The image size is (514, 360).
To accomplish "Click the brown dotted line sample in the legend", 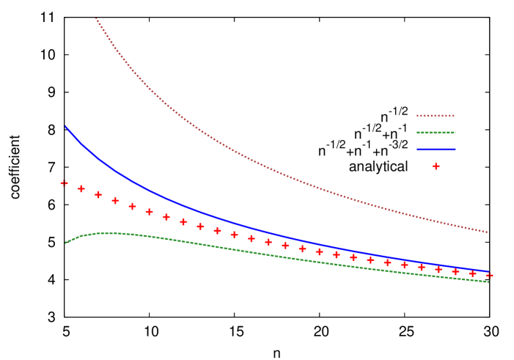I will [436, 116].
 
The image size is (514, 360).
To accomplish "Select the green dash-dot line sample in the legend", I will [436, 133].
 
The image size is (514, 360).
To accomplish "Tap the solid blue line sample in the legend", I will [436, 150].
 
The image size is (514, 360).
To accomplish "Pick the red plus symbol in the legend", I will [436, 166].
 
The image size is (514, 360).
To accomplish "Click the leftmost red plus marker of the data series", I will [65, 183].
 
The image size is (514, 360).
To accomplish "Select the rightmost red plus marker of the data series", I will [489, 276].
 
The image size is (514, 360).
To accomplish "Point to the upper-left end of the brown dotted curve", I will [97, 19].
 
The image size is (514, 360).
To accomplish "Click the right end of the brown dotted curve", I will [488, 232].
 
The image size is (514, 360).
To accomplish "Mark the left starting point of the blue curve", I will [65, 126].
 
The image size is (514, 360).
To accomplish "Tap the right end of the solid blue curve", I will [488, 271].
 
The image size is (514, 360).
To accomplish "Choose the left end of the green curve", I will [65, 243].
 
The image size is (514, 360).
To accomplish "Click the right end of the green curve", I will [488, 282].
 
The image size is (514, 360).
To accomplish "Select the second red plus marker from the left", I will [81, 189].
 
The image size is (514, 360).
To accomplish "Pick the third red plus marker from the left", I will [98, 195].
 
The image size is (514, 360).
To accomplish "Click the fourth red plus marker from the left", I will [115, 201].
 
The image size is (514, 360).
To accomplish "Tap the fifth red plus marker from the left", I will [133, 207].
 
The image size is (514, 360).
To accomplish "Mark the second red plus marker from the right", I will [472, 273].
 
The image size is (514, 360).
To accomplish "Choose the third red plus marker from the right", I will [455, 272].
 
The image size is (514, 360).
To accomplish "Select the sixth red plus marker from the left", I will [150, 212].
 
